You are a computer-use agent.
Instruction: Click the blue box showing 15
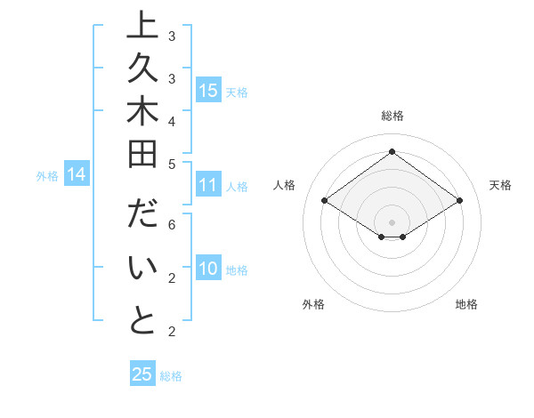(208, 90)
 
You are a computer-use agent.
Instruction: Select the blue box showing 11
(208, 185)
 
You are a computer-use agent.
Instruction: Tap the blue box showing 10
(208, 269)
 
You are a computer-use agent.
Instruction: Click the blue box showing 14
(77, 174)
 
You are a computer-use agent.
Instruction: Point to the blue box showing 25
(142, 374)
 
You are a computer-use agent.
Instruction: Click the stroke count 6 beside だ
(171, 224)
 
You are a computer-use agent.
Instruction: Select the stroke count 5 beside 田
(171, 164)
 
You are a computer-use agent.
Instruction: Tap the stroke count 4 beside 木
(171, 121)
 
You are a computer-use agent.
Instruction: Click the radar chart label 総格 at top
(392, 116)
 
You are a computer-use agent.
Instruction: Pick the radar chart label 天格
(500, 185)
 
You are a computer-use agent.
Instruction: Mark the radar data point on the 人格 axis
(325, 201)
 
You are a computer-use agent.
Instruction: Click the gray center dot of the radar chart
(392, 221)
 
